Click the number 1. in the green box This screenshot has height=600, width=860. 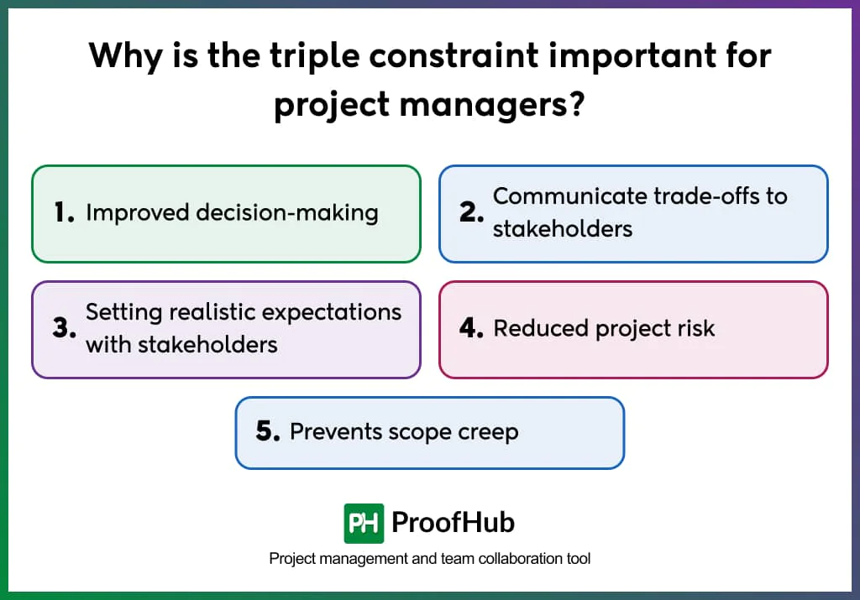[x=64, y=213]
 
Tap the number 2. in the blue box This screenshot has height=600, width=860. [x=472, y=213]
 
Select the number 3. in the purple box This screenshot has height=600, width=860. [x=64, y=328]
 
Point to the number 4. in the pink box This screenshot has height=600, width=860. [x=472, y=328]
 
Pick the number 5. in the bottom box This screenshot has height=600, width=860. [x=268, y=432]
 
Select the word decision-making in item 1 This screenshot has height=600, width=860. [x=287, y=213]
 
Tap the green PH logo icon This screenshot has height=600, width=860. [x=364, y=524]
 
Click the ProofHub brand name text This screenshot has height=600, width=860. [x=453, y=523]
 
